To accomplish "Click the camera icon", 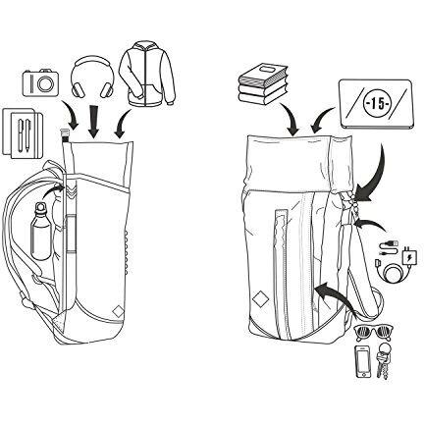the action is point(40,83).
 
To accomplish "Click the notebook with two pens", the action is point(23,133).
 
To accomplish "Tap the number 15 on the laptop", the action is point(376,104).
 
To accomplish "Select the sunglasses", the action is point(374,334).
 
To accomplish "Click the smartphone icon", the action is point(363,362).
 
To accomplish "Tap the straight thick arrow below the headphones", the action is point(94,121).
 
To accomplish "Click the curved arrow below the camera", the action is point(71,116).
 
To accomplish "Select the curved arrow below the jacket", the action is point(121,125).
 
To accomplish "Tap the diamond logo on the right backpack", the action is point(260,298).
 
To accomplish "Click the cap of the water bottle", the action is point(40,206).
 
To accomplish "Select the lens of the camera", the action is point(44,84).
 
